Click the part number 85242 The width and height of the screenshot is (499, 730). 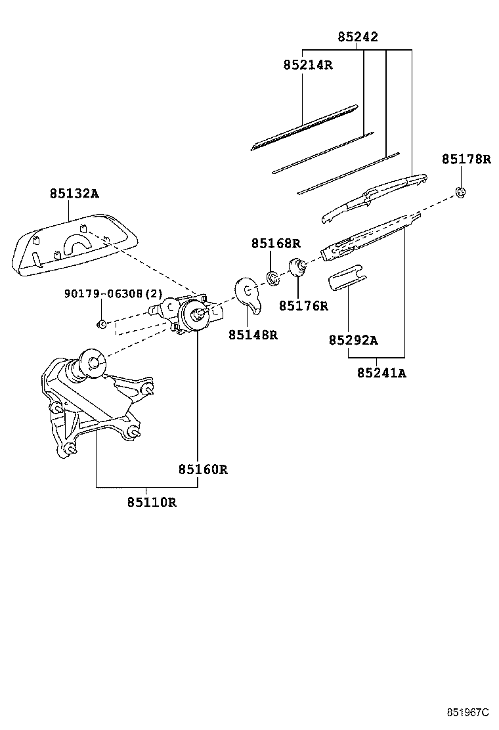(x=358, y=37)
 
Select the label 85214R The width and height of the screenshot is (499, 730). (x=308, y=65)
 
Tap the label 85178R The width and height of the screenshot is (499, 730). (x=466, y=159)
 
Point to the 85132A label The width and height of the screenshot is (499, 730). (x=74, y=194)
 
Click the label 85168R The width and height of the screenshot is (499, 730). (x=276, y=244)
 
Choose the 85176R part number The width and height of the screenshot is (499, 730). (x=303, y=306)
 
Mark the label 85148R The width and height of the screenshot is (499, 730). (x=253, y=335)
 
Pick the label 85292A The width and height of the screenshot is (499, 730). (x=353, y=340)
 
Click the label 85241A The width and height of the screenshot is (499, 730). (x=381, y=374)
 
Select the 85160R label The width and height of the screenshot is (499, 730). (x=202, y=469)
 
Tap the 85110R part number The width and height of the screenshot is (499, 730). (x=152, y=502)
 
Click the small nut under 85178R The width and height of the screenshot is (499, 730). (x=462, y=192)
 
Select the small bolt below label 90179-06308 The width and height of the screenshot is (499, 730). (x=102, y=324)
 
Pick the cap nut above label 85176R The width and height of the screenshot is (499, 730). (x=298, y=267)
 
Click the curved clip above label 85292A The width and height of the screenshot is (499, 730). (x=346, y=278)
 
